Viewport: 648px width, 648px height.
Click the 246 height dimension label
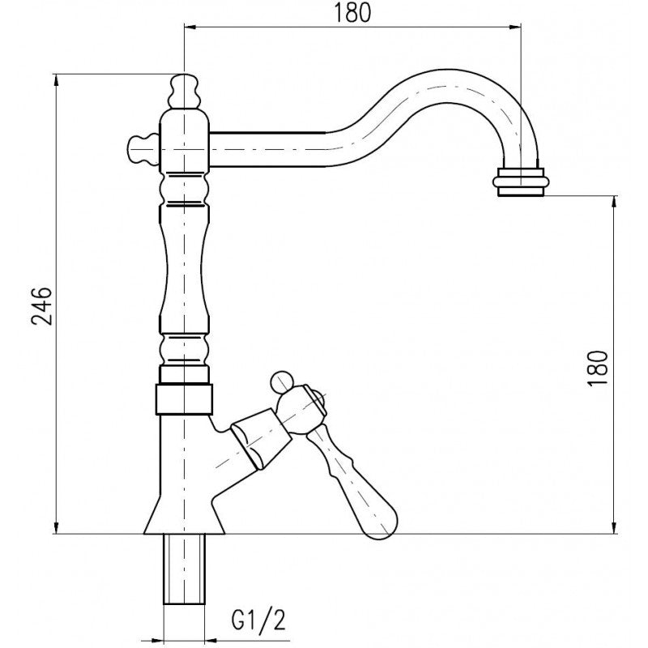pyautogui.click(x=42, y=305)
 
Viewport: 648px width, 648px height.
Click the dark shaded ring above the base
pyautogui.click(x=184, y=397)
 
